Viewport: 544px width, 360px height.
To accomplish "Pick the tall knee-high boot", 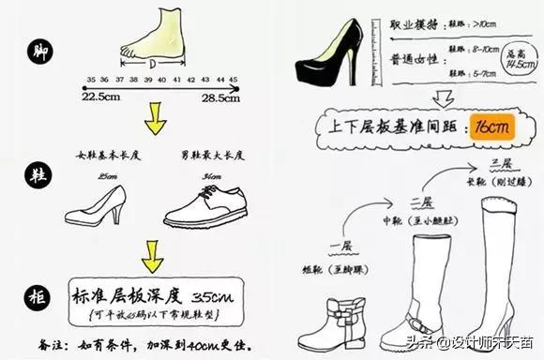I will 492,253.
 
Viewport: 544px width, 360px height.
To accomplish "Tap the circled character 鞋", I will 39,174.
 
